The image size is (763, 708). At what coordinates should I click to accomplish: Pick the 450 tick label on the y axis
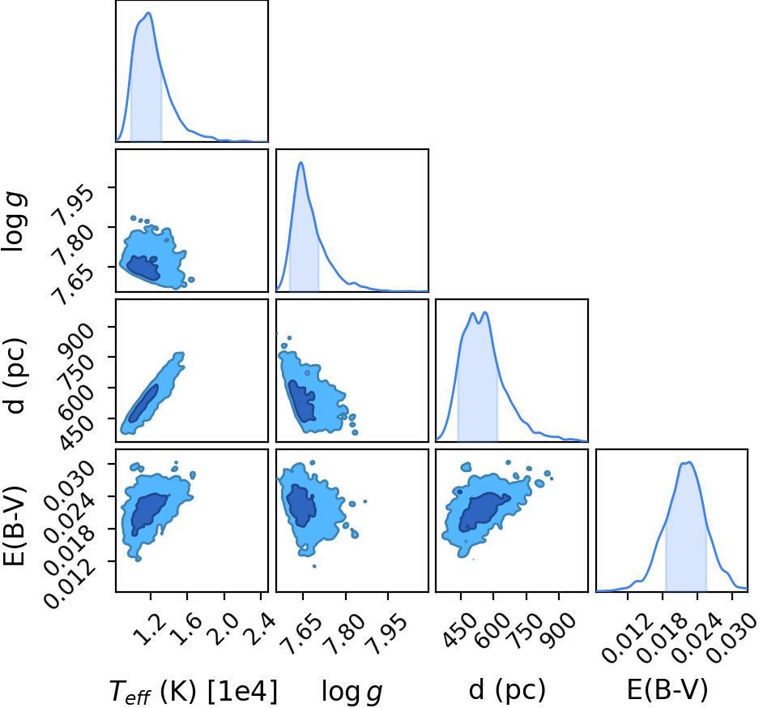point(75,431)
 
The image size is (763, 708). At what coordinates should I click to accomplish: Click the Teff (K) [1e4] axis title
point(194,692)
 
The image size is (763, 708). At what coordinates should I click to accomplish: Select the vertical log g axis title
point(14,221)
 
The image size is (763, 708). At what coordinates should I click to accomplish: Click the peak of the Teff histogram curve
point(149,13)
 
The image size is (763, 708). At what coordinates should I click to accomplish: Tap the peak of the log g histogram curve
point(301,162)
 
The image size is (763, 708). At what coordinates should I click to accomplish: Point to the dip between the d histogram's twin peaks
point(479,323)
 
